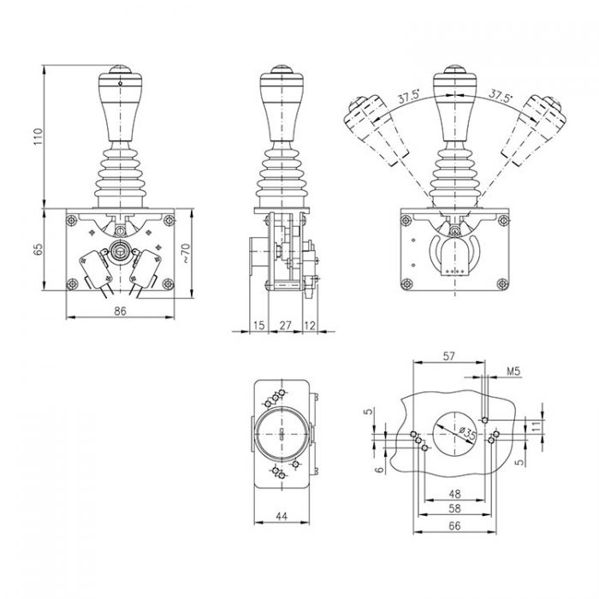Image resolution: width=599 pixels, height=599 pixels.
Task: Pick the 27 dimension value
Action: [285, 326]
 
